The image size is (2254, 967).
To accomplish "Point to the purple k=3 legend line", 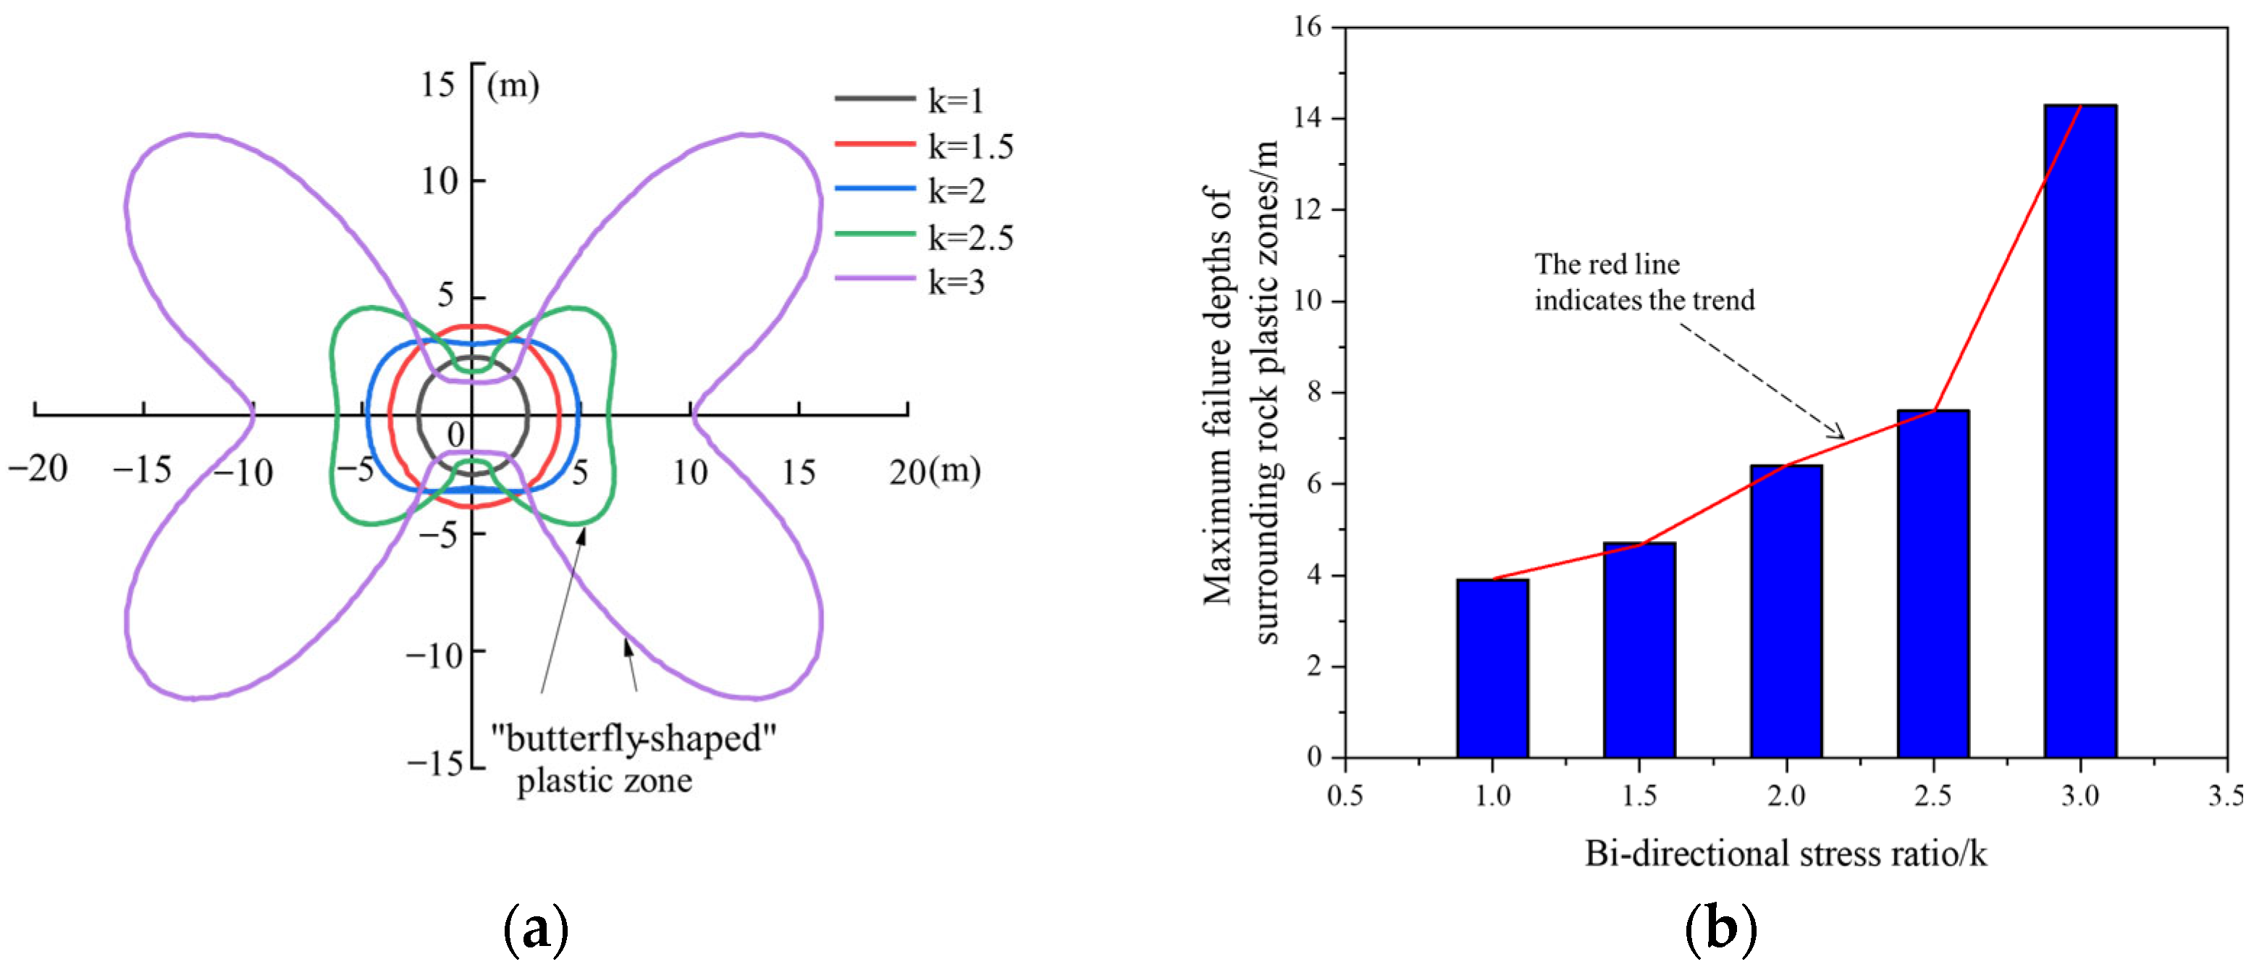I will (x=875, y=279).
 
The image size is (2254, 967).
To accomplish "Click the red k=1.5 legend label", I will (x=970, y=147).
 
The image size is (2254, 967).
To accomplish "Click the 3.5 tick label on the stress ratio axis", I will (x=2225, y=795).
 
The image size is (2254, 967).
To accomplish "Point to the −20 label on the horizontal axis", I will (x=38, y=469).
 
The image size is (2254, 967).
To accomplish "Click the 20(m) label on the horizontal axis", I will (x=933, y=472).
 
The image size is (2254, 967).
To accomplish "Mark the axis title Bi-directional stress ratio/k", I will (x=1785, y=853).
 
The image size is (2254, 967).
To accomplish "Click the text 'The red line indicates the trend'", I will (x=1643, y=282).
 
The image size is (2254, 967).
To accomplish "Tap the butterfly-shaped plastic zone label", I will (x=632, y=758).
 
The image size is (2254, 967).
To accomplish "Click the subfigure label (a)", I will (x=536, y=930).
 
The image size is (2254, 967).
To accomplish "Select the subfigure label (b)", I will (x=1720, y=930).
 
